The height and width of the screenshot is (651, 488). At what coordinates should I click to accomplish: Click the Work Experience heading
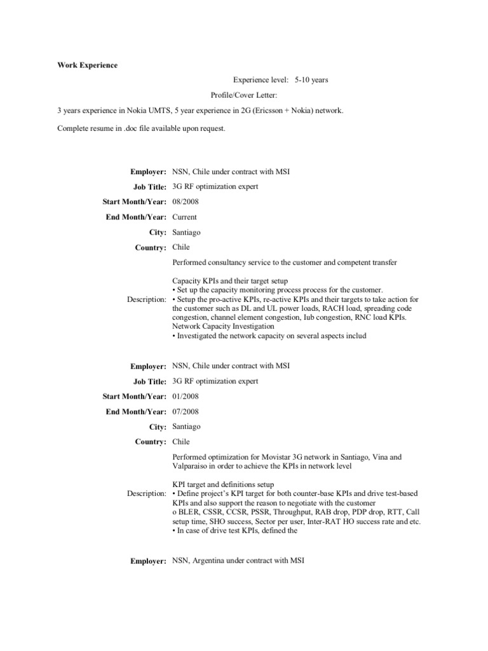[x=87, y=65]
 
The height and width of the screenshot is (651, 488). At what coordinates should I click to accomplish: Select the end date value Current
[x=185, y=217]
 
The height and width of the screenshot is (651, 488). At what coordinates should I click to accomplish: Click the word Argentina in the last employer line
[x=213, y=561]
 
